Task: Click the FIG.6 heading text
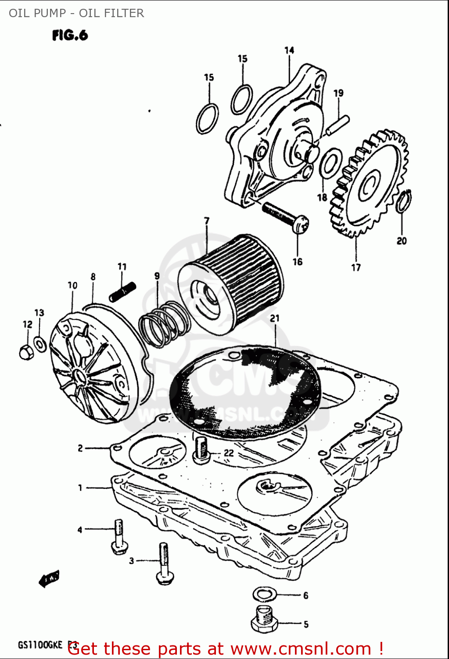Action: pyautogui.click(x=70, y=35)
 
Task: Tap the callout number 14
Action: pyautogui.click(x=289, y=51)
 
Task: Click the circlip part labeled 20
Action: pyautogui.click(x=404, y=201)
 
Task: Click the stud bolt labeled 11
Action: pyautogui.click(x=122, y=292)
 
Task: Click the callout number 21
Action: pyautogui.click(x=275, y=319)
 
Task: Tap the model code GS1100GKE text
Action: pyautogui.click(x=40, y=645)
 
